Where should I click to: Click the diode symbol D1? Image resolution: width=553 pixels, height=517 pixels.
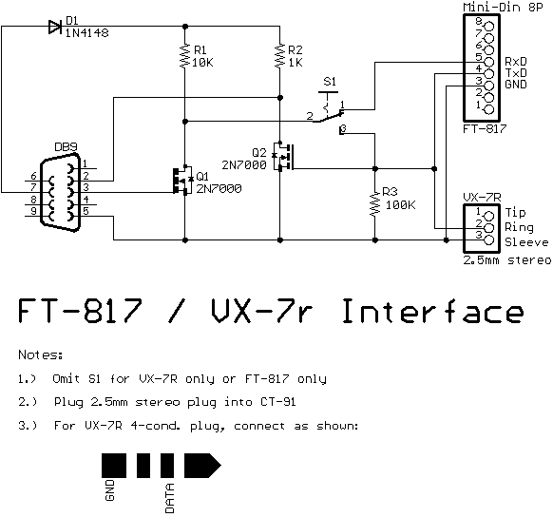point(55,27)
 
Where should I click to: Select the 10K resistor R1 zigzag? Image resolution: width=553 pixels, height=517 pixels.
point(184,55)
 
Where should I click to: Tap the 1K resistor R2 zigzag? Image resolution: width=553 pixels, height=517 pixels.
point(279,55)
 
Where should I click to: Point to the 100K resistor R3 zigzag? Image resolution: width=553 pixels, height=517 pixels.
point(375,203)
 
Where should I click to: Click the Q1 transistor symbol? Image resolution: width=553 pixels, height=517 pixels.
point(182,180)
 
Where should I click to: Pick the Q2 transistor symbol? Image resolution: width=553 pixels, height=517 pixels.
point(283,157)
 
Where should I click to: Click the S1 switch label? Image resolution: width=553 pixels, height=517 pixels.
point(330,82)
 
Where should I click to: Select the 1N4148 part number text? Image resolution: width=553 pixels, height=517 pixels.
point(87,33)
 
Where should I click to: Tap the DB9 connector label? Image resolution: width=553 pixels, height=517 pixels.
point(66,146)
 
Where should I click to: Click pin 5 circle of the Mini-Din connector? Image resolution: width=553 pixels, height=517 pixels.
point(489,62)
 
